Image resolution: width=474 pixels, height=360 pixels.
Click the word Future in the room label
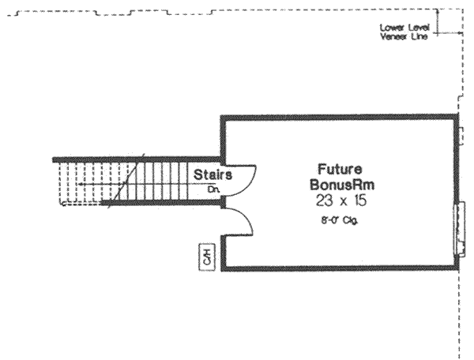[x=340, y=169]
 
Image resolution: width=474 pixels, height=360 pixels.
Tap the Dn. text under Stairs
[x=213, y=189]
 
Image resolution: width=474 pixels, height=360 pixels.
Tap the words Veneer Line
[x=403, y=37]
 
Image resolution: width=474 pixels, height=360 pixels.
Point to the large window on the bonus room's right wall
[x=457, y=231]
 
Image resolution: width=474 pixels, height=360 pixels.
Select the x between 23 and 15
[x=341, y=201]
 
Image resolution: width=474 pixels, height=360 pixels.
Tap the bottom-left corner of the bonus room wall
[x=223, y=268]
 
